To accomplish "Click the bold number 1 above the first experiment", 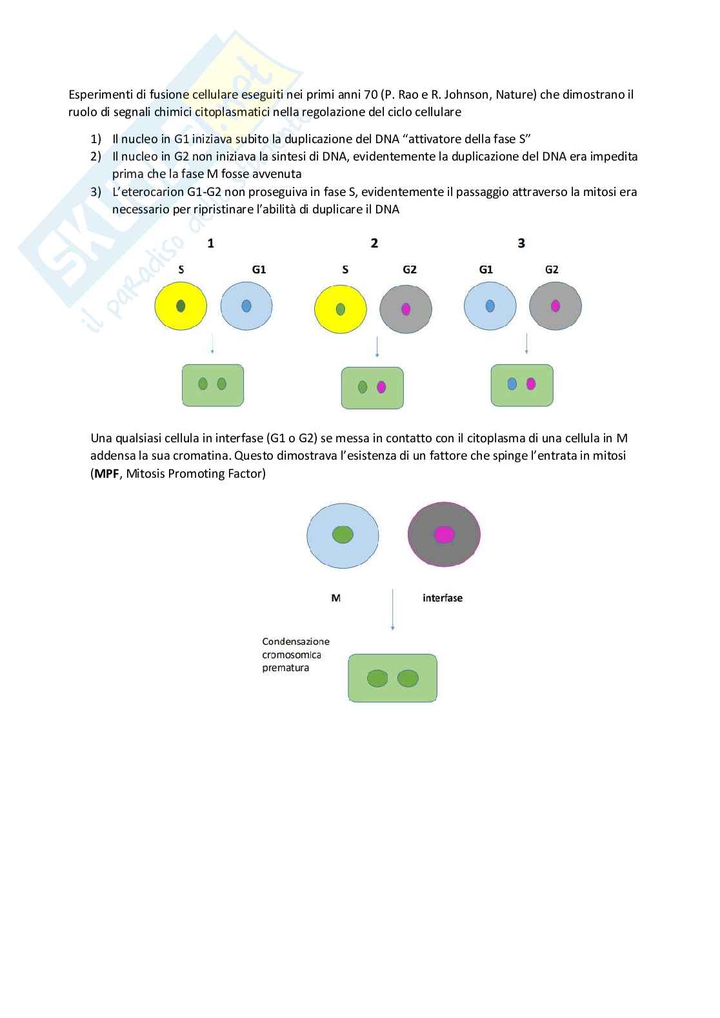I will pyautogui.click(x=210, y=243).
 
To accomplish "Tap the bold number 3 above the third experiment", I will pyautogui.click(x=521, y=243).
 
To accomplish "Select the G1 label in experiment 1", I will pyautogui.click(x=259, y=269).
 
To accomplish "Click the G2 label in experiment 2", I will pyautogui.click(x=410, y=269).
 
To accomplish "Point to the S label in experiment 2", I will pyautogui.click(x=345, y=269).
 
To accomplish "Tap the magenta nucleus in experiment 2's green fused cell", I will pyautogui.click(x=381, y=387).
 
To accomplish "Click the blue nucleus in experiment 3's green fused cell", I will pyautogui.click(x=512, y=384).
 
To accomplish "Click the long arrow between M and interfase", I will pyautogui.click(x=392, y=609).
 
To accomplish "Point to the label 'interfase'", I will pyautogui.click(x=443, y=598).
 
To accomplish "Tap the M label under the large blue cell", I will pyautogui.click(x=335, y=598).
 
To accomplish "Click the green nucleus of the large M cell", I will pyautogui.click(x=343, y=534).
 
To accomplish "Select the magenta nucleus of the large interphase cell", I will pyautogui.click(x=444, y=534).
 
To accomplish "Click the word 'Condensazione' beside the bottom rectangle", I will pyautogui.click(x=295, y=641).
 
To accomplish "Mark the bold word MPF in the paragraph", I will pyautogui.click(x=107, y=474).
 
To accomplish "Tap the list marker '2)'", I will pyautogui.click(x=96, y=157).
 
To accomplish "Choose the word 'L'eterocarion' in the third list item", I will pyautogui.click(x=145, y=192).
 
